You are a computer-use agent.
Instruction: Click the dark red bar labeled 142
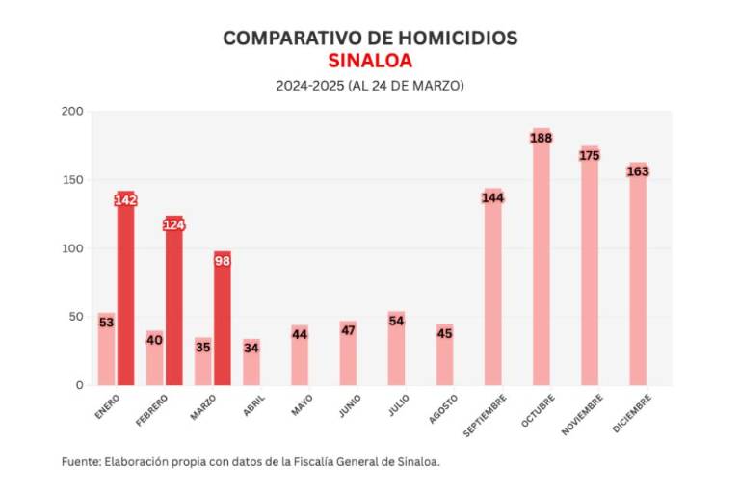click(125, 289)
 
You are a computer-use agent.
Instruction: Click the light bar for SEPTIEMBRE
click(492, 289)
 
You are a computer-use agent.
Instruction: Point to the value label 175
click(590, 155)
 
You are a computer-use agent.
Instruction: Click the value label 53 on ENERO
click(106, 323)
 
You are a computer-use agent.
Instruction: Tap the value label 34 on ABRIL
click(251, 348)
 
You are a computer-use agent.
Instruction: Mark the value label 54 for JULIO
click(396, 321)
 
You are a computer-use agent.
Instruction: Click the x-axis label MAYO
click(303, 404)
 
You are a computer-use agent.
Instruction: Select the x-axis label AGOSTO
click(443, 408)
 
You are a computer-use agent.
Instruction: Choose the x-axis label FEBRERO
click(152, 408)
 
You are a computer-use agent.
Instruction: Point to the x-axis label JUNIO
click(349, 405)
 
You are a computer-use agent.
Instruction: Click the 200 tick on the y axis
click(73, 112)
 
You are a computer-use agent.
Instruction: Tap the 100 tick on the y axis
click(73, 248)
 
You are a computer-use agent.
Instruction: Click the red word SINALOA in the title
click(370, 61)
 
